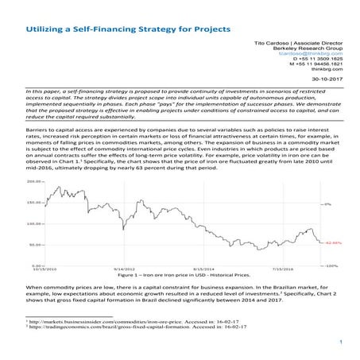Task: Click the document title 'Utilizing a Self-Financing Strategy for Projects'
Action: pos(128,27)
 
